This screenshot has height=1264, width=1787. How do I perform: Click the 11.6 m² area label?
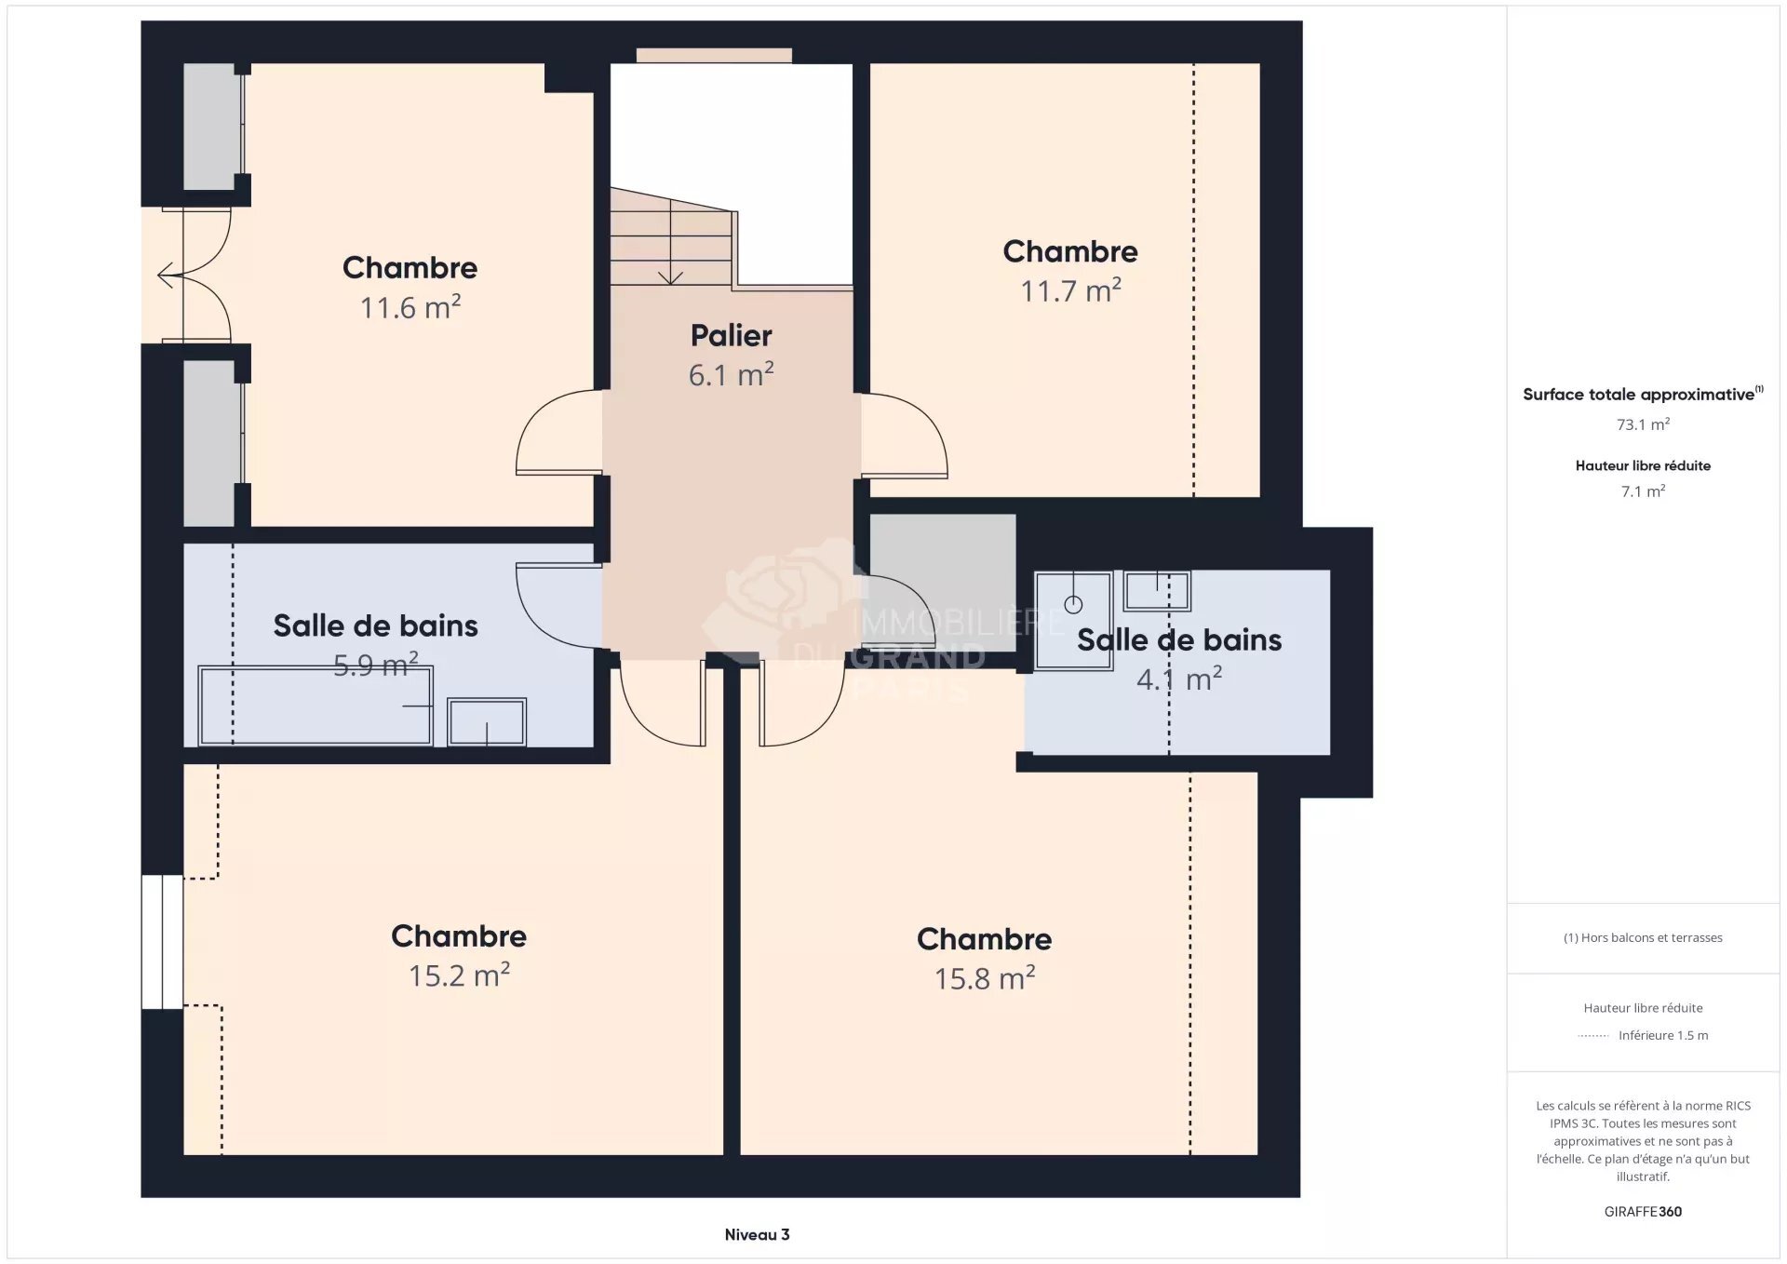pyautogui.click(x=410, y=308)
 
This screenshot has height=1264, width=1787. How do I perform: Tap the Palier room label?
pyautogui.click(x=731, y=336)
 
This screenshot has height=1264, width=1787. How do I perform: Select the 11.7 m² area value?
pyautogui.click(x=1070, y=291)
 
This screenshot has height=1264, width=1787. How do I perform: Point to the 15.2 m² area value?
pyautogui.click(x=459, y=975)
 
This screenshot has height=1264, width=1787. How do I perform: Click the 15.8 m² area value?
pyautogui.click(x=985, y=979)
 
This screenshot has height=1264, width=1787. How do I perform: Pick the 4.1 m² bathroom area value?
pyautogui.click(x=1178, y=679)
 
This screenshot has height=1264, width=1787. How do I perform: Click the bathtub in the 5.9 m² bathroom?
pyautogui.click(x=316, y=706)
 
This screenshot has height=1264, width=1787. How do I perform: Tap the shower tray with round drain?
pyautogui.click(x=1073, y=620)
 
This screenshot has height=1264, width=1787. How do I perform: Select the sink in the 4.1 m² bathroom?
pyautogui.click(x=1157, y=590)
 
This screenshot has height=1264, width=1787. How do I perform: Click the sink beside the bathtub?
pyautogui.click(x=487, y=721)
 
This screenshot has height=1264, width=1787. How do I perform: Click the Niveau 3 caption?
pyautogui.click(x=757, y=1235)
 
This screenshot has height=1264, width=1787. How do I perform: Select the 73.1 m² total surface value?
pyautogui.click(x=1643, y=424)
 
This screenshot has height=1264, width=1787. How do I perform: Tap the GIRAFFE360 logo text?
pyautogui.click(x=1643, y=1212)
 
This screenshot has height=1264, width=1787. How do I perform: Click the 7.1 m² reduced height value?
pyautogui.click(x=1643, y=491)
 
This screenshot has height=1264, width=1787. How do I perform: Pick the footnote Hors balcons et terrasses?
pyautogui.click(x=1643, y=938)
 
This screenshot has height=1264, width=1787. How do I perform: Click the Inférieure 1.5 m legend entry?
pyautogui.click(x=1662, y=1036)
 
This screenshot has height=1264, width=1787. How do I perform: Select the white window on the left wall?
pyautogui.click(x=162, y=942)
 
